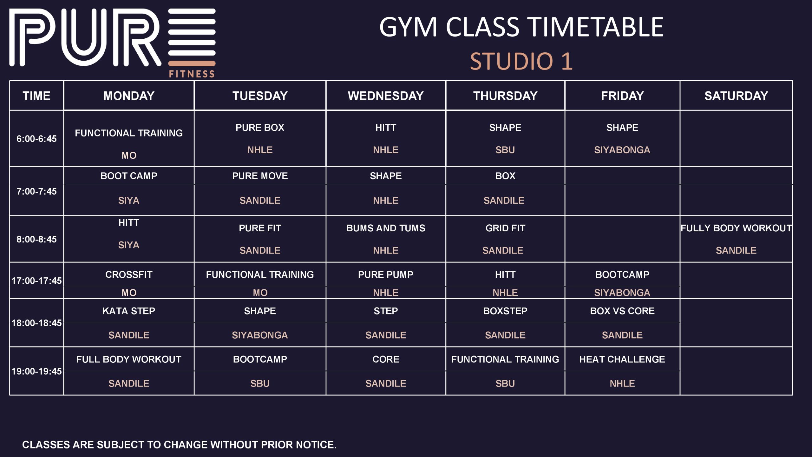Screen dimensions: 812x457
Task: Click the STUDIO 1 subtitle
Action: [521, 61]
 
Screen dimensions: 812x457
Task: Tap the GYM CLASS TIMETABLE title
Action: [521, 27]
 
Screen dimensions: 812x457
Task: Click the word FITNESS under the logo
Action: [192, 74]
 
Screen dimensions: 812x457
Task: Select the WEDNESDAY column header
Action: [386, 96]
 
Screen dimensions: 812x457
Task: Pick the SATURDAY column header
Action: [736, 96]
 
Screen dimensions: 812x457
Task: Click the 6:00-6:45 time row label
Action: [36, 139]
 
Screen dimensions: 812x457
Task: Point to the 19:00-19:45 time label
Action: [36, 371]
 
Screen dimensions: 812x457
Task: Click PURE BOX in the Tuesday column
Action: [260, 128]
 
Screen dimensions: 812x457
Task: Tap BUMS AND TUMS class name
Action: [386, 228]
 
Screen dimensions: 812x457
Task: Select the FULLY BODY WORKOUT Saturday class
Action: [736, 228]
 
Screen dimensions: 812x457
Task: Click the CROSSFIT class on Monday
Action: [129, 275]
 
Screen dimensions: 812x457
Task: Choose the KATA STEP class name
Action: [129, 311]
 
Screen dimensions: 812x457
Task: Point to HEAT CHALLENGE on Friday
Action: [622, 359]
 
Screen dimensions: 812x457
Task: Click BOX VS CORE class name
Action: [622, 311]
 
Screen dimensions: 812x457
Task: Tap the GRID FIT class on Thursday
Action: [505, 228]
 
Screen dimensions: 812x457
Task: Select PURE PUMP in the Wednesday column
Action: [386, 275]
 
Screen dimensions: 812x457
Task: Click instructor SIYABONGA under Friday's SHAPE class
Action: [622, 150]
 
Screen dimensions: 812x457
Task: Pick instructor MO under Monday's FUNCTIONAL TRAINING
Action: [129, 156]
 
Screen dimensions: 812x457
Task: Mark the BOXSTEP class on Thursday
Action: [505, 311]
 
